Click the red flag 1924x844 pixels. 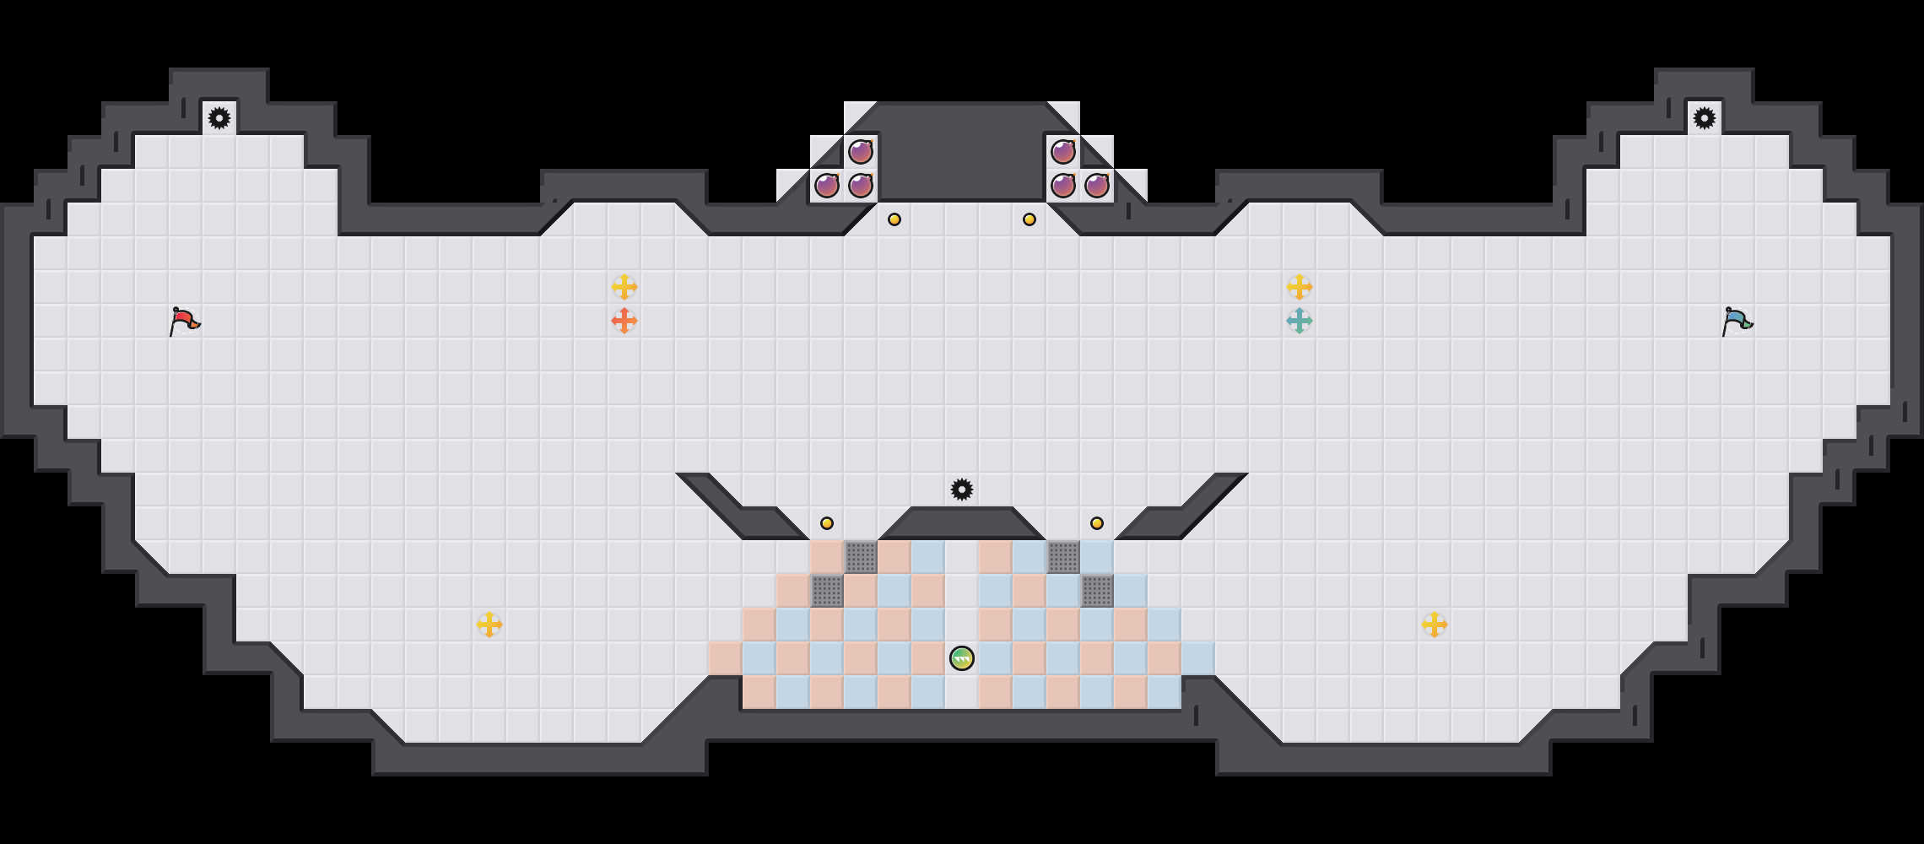pyautogui.click(x=184, y=321)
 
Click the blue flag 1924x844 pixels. pyautogui.click(x=1737, y=321)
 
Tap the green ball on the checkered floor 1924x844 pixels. pyautogui.click(x=962, y=658)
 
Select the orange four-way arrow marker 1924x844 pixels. pyautogui.click(x=624, y=321)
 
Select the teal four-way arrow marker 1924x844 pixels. pyautogui.click(x=1300, y=321)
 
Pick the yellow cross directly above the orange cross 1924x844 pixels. pyautogui.click(x=624, y=287)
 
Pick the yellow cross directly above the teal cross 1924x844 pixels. pyautogui.click(x=1300, y=287)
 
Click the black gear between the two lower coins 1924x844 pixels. pyautogui.click(x=962, y=490)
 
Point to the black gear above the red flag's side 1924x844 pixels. pyautogui.click(x=219, y=118)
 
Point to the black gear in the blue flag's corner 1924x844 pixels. pyautogui.click(x=1705, y=118)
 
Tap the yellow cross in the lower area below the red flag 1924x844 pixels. pyautogui.click(x=489, y=625)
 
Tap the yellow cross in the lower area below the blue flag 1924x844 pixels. pyautogui.click(x=1435, y=625)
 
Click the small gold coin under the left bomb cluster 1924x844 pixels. pyautogui.click(x=894, y=219)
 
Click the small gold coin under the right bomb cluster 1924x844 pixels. pyautogui.click(x=1030, y=219)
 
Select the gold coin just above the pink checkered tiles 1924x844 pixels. pyautogui.click(x=827, y=523)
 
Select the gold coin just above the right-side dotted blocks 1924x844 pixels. pyautogui.click(x=1097, y=523)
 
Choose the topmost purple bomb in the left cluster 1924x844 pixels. pyautogui.click(x=861, y=152)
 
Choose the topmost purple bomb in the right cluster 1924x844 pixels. pyautogui.click(x=1063, y=152)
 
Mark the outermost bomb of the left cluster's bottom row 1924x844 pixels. pyautogui.click(x=827, y=186)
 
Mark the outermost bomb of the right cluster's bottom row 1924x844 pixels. pyautogui.click(x=1097, y=186)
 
